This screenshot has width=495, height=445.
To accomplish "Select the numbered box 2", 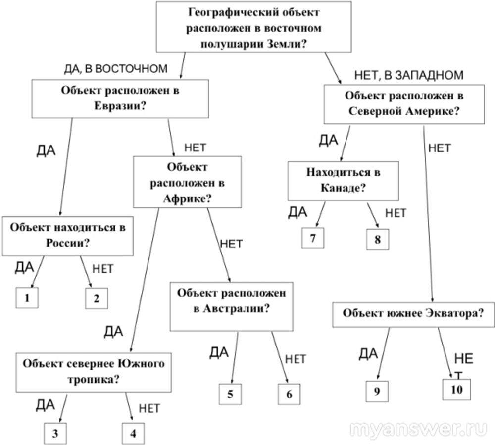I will (x=96, y=298).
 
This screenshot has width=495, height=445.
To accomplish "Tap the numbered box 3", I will (x=54, y=434).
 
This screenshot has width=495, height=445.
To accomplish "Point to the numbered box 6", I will (x=289, y=394).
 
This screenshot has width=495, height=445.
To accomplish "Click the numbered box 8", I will (x=378, y=240).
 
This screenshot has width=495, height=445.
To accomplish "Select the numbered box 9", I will (x=377, y=392).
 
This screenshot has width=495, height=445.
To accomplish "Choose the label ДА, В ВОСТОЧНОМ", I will (x=116, y=68).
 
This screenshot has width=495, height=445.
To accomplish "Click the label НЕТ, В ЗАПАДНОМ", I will (x=409, y=75).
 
